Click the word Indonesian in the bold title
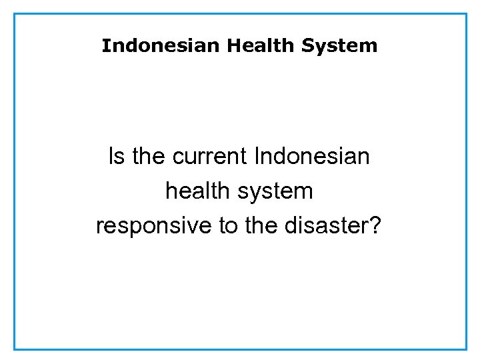161,46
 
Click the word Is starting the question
116,157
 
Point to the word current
209,157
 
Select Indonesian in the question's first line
312,157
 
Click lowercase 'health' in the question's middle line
197,192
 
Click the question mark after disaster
376,227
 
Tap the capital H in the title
233,46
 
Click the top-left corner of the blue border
15,14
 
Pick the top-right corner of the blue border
466,14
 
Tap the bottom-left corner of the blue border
15,349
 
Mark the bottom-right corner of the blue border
466,349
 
